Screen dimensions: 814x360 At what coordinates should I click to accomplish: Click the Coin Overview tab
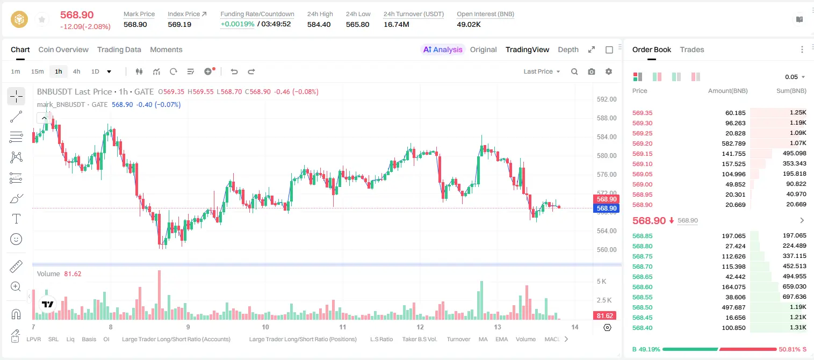[x=63, y=49]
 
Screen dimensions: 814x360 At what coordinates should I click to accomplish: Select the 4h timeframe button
[x=76, y=71]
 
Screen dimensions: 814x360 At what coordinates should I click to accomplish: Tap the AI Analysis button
[x=443, y=49]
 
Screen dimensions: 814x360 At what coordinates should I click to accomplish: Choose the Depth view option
[x=568, y=49]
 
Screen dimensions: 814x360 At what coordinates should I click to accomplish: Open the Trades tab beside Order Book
[x=692, y=49]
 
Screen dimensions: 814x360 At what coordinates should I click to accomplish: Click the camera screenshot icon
[x=592, y=71]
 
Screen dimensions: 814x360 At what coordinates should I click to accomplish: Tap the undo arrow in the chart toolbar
[x=234, y=71]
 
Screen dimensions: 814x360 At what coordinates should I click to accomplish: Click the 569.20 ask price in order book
[x=642, y=143]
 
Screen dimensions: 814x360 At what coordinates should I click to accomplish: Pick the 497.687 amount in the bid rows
[x=733, y=307]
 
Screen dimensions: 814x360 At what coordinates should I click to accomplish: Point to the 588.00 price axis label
[x=607, y=118]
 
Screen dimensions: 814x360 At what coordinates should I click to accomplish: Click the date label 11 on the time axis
[x=343, y=327]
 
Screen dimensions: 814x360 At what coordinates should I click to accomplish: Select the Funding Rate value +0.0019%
[x=237, y=24]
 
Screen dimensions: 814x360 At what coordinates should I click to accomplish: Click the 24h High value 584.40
[x=319, y=24]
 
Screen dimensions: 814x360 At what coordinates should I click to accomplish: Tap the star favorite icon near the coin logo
[x=42, y=19]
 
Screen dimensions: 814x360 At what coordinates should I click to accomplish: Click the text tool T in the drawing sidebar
[x=16, y=219]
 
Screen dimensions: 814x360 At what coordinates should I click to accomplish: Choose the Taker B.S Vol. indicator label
[x=419, y=339]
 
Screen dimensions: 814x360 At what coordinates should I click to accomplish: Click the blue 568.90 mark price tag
[x=606, y=208]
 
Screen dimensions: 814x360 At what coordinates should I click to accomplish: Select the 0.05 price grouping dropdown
[x=795, y=77]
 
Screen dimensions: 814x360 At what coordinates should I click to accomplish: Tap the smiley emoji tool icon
[x=16, y=239]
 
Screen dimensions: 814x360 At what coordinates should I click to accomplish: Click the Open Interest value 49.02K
[x=469, y=24]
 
